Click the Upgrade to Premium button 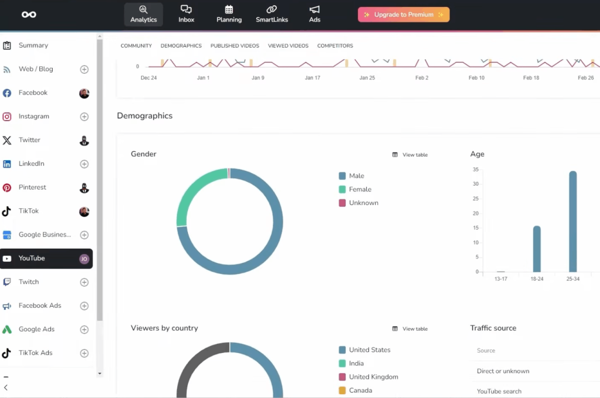404,15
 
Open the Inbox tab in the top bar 186,14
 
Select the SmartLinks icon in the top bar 272,9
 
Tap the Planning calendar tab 229,14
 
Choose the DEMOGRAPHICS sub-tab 181,46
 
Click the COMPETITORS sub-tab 335,46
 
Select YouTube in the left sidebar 46,259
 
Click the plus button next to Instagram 84,117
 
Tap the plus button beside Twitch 84,282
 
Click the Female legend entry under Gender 355,189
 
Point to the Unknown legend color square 342,202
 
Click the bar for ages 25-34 573,221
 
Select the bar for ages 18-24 537,249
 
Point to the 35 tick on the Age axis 476,169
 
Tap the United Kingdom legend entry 368,377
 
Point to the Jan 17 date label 312,78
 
